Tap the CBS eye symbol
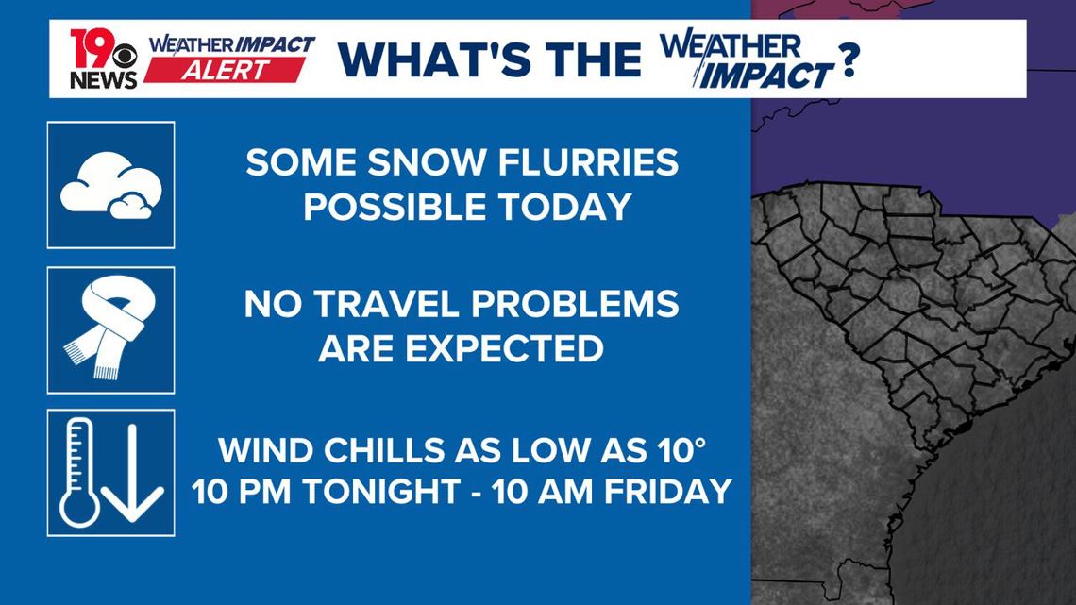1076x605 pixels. point(126,53)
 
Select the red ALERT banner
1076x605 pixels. point(226,69)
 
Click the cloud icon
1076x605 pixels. point(109,186)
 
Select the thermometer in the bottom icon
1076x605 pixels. point(78,472)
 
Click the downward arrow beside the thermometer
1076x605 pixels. point(133,472)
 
